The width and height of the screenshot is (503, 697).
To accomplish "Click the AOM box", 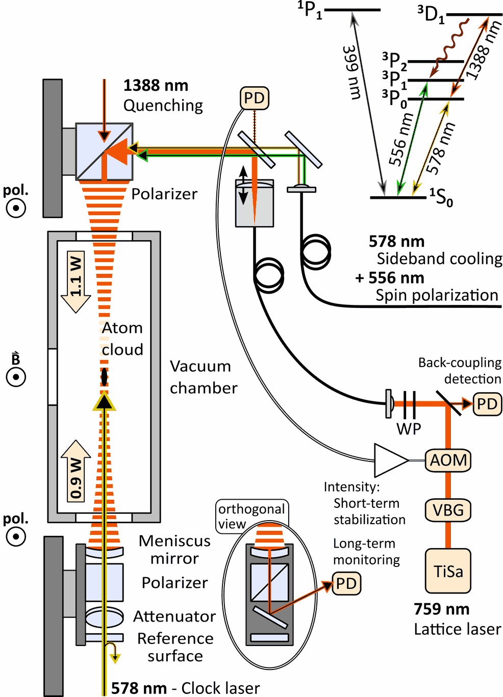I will (x=448, y=460).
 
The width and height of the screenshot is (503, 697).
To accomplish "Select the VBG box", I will (x=448, y=510).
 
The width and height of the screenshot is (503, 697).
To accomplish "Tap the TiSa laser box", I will (x=448, y=571).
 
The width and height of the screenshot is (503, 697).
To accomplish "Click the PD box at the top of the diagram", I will (x=254, y=98).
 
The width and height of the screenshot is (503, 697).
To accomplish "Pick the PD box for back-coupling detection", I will (x=487, y=404).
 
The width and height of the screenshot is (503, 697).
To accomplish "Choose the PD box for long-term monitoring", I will (x=346, y=583).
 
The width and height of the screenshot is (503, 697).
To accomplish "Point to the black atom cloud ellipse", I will (x=104, y=377).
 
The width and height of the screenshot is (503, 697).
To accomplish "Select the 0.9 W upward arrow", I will (x=76, y=472).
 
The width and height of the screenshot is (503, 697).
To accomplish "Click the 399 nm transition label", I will (x=352, y=71).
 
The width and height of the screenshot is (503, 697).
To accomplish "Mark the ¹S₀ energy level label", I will (x=441, y=197).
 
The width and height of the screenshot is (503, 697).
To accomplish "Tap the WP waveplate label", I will (x=409, y=429).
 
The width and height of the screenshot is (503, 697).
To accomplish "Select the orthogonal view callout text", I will (x=251, y=515).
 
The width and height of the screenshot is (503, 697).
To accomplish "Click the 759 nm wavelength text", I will (x=441, y=609).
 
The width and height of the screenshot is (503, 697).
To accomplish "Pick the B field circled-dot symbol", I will (x=16, y=377).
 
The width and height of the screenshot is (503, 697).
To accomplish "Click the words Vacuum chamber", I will (x=203, y=377).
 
